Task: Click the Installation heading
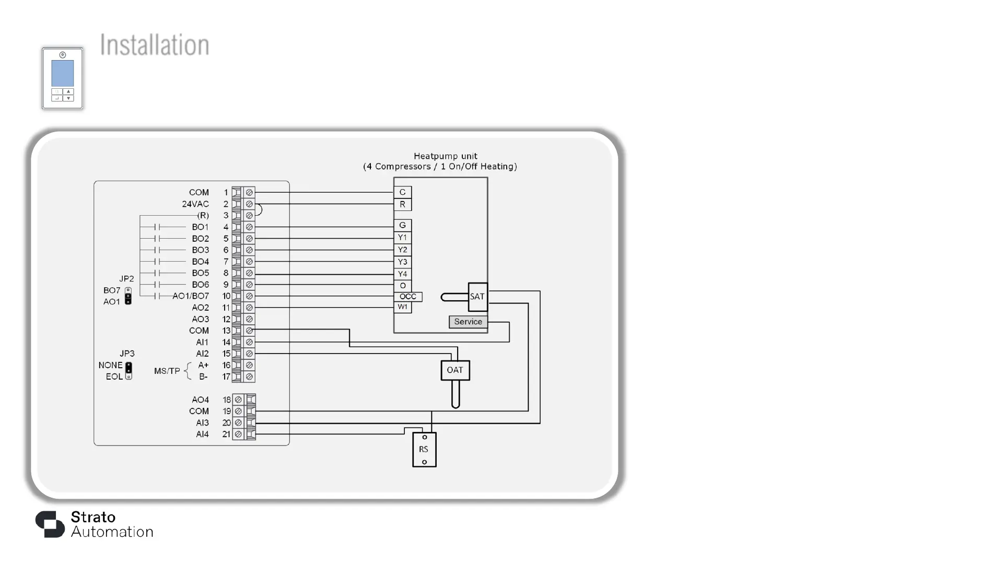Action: (x=155, y=45)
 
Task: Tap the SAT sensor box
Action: (x=477, y=297)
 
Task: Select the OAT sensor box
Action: (x=455, y=370)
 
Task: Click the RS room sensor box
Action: (x=424, y=450)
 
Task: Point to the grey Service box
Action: (x=468, y=322)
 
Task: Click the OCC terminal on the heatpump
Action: (x=408, y=297)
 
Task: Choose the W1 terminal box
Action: (x=403, y=307)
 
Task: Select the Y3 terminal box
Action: (x=403, y=262)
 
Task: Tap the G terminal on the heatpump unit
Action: (x=403, y=226)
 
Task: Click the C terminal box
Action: (x=403, y=192)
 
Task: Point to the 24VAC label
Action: (x=195, y=204)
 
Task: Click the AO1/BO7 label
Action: (x=191, y=296)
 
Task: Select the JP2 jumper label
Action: (x=126, y=279)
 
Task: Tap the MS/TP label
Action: (x=167, y=371)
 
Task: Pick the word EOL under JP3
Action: (x=114, y=377)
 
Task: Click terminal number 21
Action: (x=226, y=434)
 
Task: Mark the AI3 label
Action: (x=202, y=423)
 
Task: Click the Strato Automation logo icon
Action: (x=50, y=524)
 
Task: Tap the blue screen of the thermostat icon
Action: (x=63, y=74)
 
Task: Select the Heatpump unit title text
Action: (x=446, y=156)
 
